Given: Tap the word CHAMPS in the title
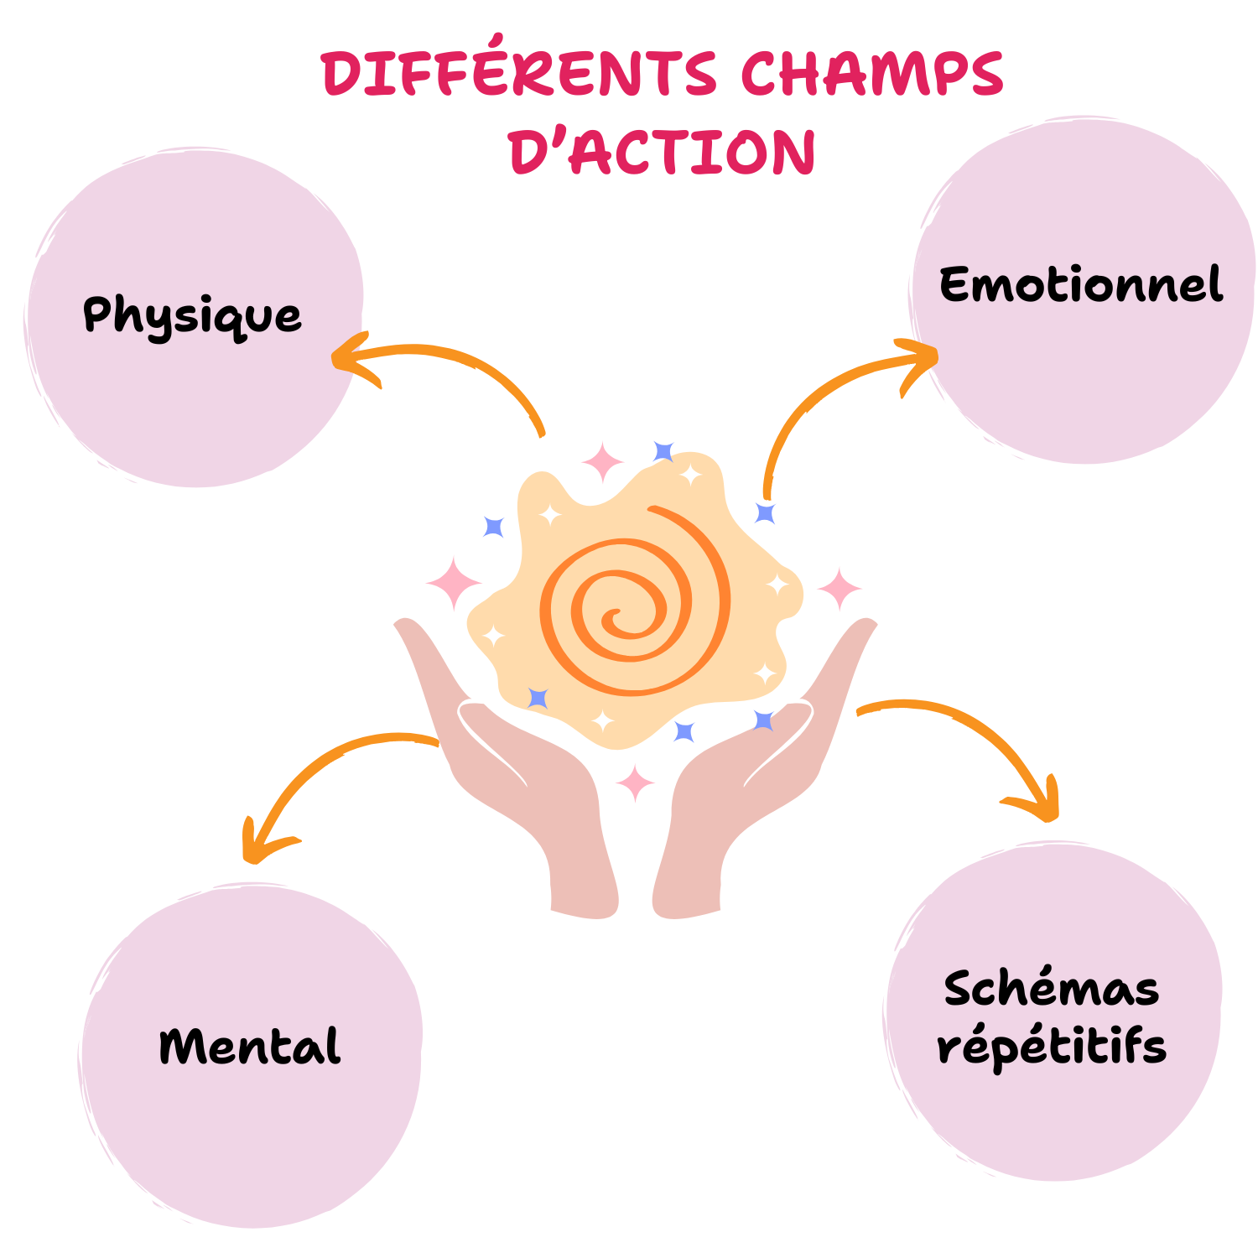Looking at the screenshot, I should [871, 74].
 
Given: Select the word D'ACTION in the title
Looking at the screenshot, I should [662, 153].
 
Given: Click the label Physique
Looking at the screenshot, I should [192, 316].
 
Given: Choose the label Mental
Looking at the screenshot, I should [250, 1047].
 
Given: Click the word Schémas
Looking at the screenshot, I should [1052, 989].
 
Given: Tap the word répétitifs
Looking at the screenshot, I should [1052, 1047].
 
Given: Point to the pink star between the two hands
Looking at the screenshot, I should [636, 782].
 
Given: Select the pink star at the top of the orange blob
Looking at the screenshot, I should [602, 462].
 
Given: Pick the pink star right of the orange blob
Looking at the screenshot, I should [839, 588].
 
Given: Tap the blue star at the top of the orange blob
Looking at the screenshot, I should [663, 451].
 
